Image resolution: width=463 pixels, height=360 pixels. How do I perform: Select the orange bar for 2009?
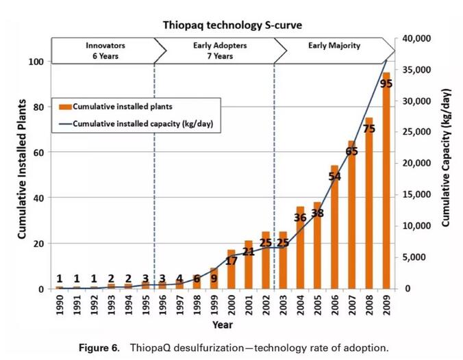pos(386,185)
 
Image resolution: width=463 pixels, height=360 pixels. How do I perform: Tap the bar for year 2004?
pos(300,250)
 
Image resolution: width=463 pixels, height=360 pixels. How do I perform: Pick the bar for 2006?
pos(335,229)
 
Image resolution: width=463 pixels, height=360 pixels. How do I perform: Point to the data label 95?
pos(386,83)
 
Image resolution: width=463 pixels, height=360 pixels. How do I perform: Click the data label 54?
pos(335,177)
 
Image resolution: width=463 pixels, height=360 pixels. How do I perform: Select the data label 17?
pos(231,261)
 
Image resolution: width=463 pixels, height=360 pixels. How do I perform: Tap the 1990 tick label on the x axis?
pos(60,305)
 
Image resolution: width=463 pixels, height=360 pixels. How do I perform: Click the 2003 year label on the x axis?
pos(283,305)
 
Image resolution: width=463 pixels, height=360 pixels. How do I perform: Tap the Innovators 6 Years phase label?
pos(105,51)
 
